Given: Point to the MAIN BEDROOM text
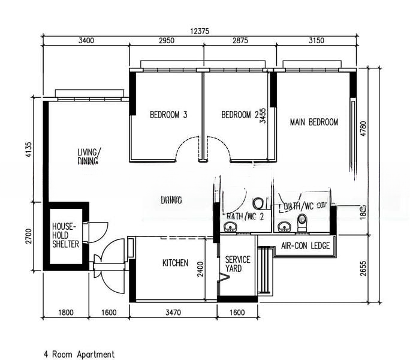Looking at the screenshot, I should pyautogui.click(x=313, y=122).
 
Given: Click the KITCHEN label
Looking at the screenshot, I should pyautogui.click(x=176, y=263).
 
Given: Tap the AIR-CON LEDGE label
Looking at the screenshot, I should pyautogui.click(x=303, y=245).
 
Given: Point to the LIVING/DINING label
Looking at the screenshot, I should pyautogui.click(x=89, y=156).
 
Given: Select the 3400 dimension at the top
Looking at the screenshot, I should pyautogui.click(x=86, y=41).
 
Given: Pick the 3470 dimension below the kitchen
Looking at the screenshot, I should pyautogui.click(x=173, y=312).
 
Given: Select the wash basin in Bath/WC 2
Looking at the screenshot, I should pyautogui.click(x=230, y=226).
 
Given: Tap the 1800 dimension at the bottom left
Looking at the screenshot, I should pyautogui.click(x=66, y=312).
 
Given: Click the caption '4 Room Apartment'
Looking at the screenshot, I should pyautogui.click(x=79, y=354).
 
